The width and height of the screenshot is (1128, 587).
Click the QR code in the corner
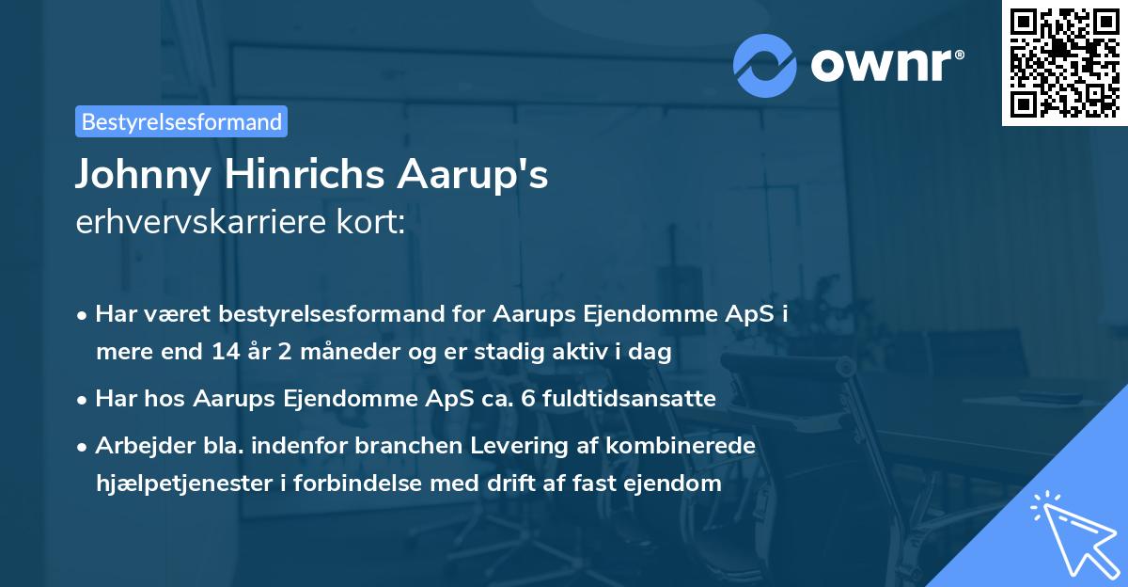[x=1064, y=63]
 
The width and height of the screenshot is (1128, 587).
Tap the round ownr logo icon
[x=765, y=65]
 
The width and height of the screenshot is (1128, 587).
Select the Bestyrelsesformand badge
[x=181, y=121]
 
